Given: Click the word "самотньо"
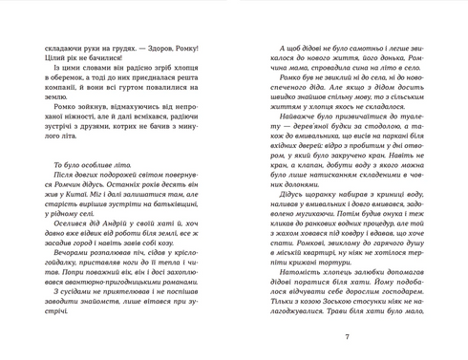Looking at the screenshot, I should (348, 46).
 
